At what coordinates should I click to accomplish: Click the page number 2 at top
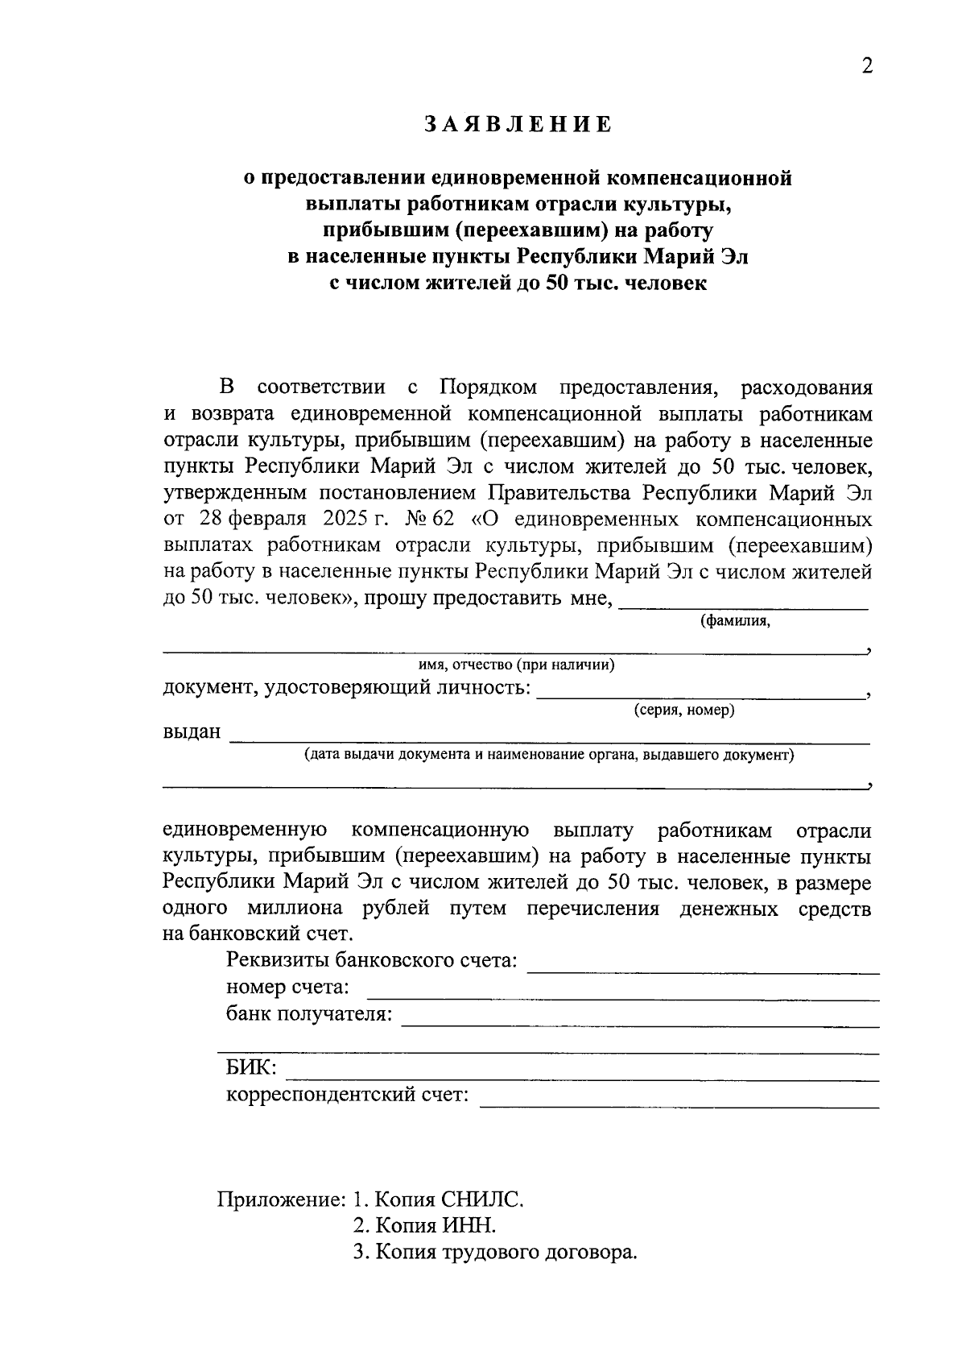866,67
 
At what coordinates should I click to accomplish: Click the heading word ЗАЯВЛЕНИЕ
518,125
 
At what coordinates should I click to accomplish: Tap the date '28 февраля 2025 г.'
287,520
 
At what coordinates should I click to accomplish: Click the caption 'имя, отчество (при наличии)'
516,665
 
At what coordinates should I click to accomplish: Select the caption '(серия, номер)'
683,711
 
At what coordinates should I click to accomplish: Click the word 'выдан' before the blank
192,732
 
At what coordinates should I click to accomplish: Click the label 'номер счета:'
288,988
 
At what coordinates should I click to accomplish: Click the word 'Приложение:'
281,1200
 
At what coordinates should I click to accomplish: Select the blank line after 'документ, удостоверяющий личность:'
699,694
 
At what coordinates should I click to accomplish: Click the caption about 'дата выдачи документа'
549,756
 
